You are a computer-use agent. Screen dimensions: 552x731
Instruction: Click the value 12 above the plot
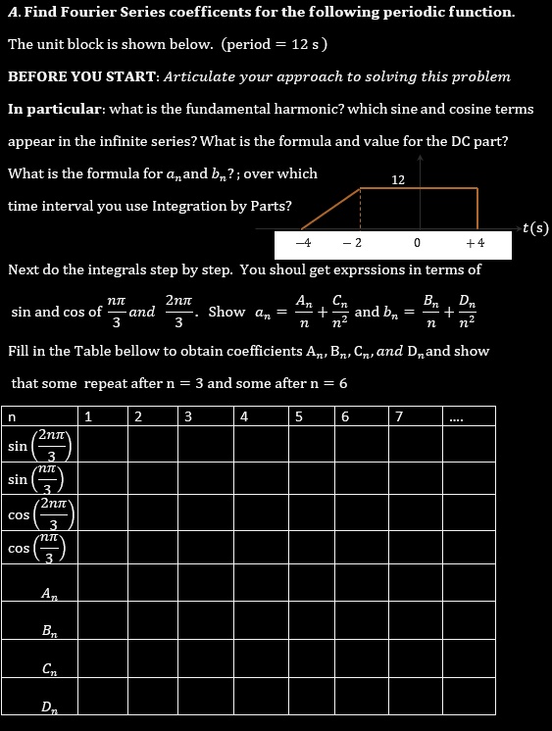pyautogui.click(x=398, y=179)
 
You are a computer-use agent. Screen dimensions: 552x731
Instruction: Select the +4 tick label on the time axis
pyautogui.click(x=476, y=242)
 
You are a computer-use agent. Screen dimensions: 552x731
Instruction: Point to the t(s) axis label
pyautogui.click(x=534, y=228)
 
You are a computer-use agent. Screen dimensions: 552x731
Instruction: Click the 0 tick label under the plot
pyautogui.click(x=417, y=242)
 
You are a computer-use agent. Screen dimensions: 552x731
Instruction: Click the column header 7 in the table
pyautogui.click(x=397, y=415)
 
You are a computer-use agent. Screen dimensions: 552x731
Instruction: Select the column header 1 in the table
pyautogui.click(x=89, y=415)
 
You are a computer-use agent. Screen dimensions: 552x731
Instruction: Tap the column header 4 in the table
pyautogui.click(x=244, y=415)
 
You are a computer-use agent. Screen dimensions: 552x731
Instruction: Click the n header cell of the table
pyautogui.click(x=12, y=415)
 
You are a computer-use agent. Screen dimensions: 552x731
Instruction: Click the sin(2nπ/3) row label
pyautogui.click(x=39, y=446)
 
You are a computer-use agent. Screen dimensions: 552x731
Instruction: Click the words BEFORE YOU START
pyautogui.click(x=81, y=76)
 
